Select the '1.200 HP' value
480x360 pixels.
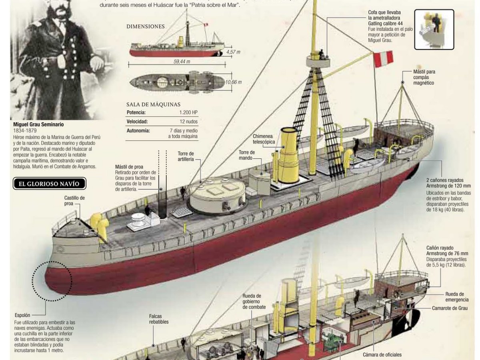(188, 112)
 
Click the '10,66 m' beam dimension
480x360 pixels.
(234, 82)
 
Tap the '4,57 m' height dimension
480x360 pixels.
(233, 52)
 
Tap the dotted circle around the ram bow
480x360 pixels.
(52, 280)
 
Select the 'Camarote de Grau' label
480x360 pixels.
(449, 308)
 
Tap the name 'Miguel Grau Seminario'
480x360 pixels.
(39, 124)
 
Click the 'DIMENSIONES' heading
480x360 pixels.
(146, 27)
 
